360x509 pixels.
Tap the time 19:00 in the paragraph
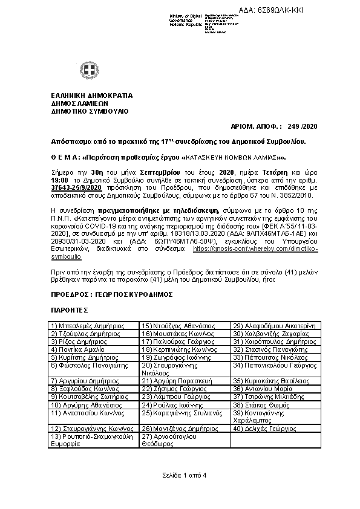click(59, 180)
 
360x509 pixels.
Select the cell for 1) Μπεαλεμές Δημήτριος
click(93, 325)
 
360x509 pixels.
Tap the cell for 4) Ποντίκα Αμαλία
click(93, 349)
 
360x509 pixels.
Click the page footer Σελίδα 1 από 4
click(180, 475)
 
